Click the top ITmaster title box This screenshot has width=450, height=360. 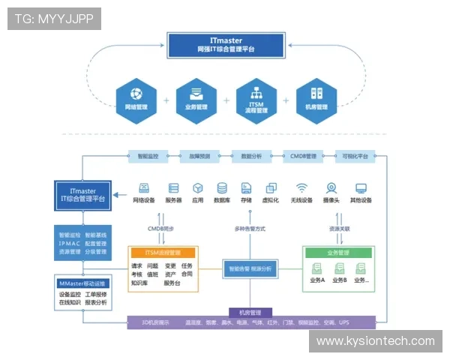(226, 44)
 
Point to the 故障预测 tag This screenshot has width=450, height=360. (199, 157)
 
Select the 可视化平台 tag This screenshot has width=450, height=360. (355, 157)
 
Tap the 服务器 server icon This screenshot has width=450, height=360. (173, 187)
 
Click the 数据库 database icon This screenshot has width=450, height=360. (222, 187)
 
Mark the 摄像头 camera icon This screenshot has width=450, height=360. (330, 187)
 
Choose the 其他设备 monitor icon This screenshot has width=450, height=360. (361, 187)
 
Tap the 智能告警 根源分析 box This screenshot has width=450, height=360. (251, 267)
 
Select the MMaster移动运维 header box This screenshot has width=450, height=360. (83, 283)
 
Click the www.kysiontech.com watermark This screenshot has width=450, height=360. (375, 341)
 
